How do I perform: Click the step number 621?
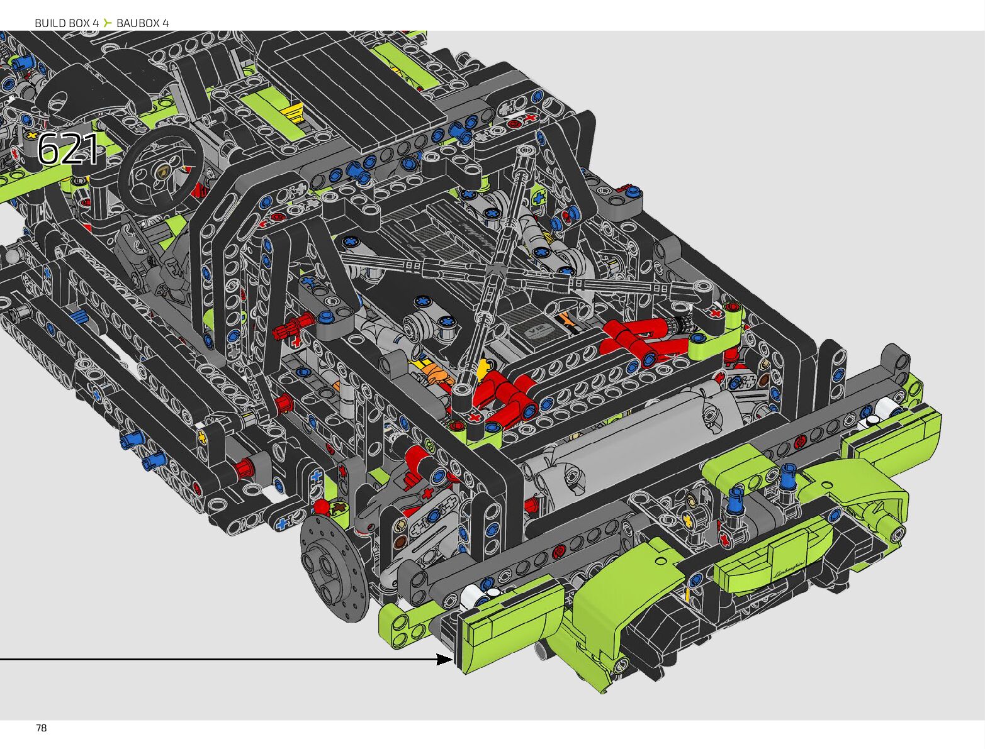[x=68, y=149]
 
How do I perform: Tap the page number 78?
[x=42, y=728]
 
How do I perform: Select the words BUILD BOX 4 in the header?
[x=67, y=23]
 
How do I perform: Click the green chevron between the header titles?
[x=108, y=23]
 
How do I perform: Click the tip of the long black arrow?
[x=453, y=659]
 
